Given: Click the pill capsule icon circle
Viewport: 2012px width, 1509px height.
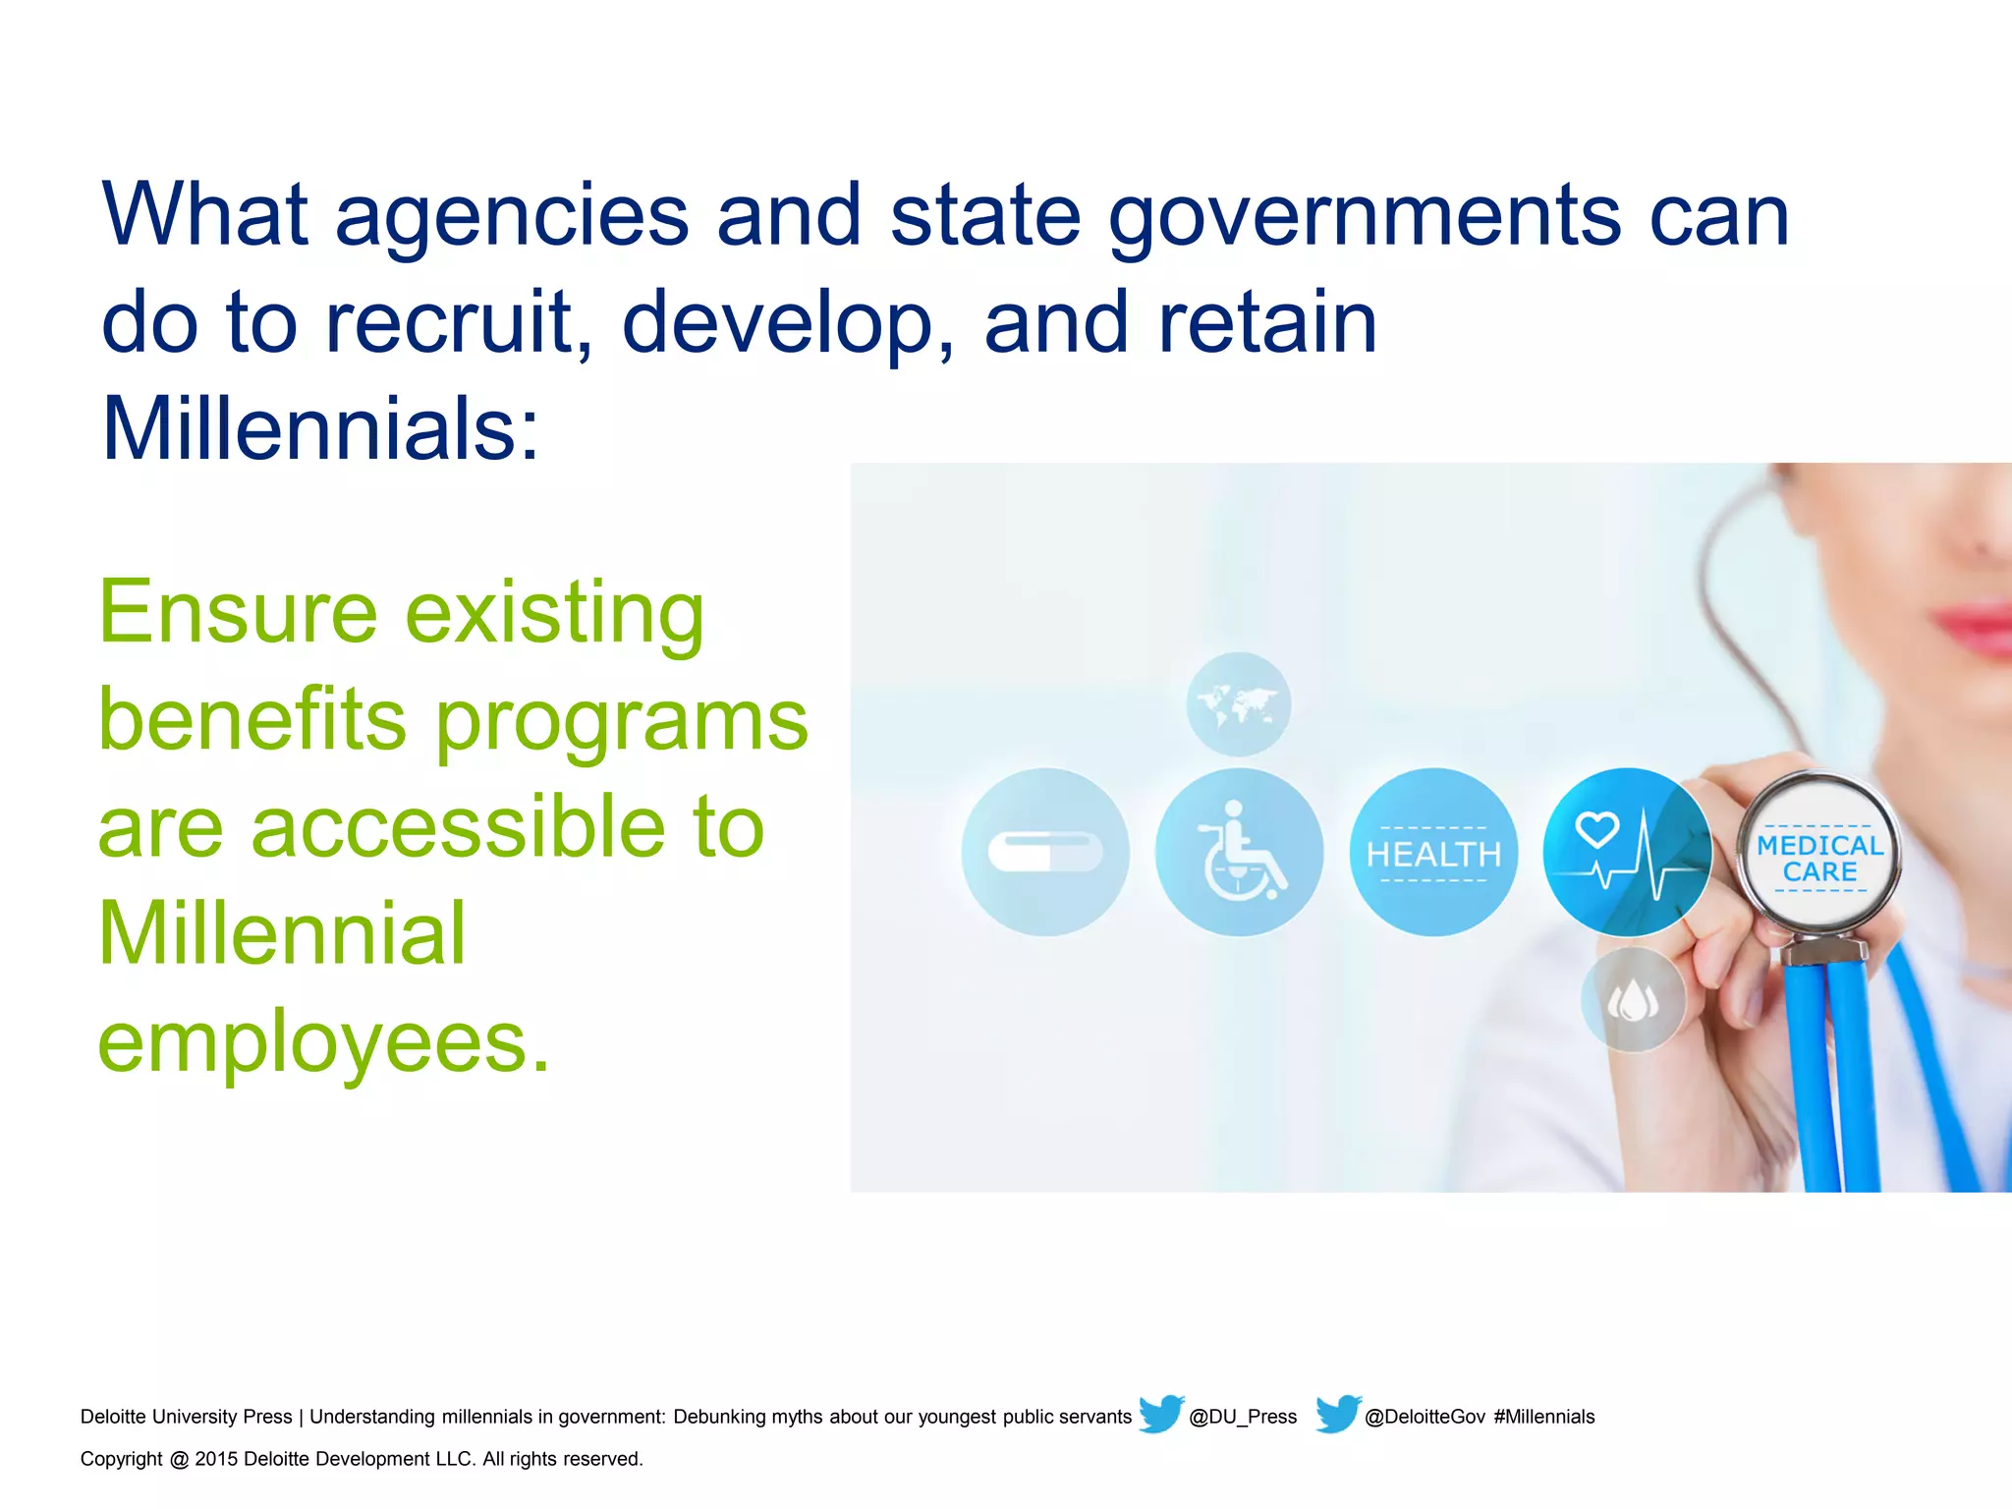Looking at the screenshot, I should pos(1045,852).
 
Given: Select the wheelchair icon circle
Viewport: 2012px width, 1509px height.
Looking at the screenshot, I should pos(1239,852).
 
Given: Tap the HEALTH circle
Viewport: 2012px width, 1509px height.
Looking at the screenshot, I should pos(1433,852).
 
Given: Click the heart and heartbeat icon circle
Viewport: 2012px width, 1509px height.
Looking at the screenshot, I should pos(1626,852).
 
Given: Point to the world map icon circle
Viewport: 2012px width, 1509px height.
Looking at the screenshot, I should pos(1238,704).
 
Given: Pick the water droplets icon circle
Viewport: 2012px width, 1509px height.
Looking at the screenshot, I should pos(1632,1000).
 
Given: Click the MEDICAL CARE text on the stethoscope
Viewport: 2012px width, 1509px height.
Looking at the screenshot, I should pos(1819,858).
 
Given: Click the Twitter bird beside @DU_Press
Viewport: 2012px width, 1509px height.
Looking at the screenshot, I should pos(1161,1414).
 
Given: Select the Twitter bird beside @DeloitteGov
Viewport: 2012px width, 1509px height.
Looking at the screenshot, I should pos(1338,1414).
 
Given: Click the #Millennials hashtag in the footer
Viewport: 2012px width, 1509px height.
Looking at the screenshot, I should pos(1544,1417).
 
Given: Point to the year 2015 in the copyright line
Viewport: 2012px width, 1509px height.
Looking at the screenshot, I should pos(216,1459).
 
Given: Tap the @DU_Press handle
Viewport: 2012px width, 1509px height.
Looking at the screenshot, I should pos(1243,1417).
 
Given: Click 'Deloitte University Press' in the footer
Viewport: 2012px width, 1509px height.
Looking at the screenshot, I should pos(186,1417).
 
